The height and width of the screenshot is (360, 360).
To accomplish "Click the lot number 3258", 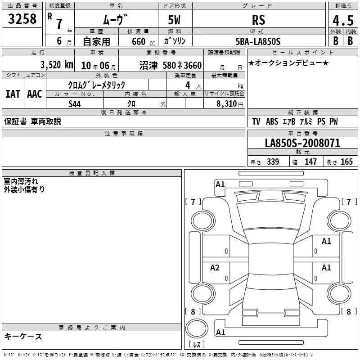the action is (x=22, y=19).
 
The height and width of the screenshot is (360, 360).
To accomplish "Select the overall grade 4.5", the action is (x=343, y=20).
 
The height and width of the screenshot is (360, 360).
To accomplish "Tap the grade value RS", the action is (x=258, y=20).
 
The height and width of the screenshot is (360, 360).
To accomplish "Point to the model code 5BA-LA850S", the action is (x=258, y=41).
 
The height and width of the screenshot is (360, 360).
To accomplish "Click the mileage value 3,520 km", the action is (x=57, y=65).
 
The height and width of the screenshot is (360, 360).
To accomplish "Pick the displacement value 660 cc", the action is (x=143, y=42).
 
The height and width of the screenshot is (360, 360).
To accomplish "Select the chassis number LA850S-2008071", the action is (x=302, y=143).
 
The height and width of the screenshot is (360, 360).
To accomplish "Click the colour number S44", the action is (x=75, y=104).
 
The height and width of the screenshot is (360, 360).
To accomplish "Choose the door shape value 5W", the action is (x=174, y=20).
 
